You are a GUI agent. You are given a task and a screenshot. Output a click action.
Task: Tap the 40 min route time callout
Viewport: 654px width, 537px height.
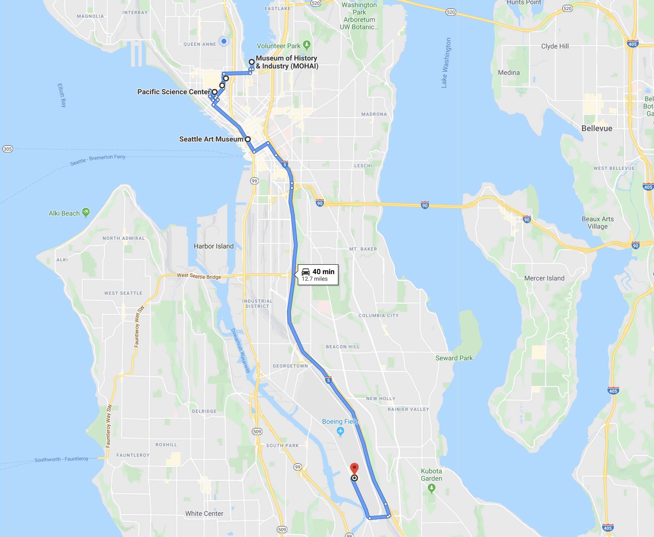318,275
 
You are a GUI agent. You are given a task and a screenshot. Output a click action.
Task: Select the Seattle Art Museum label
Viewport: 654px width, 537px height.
211,139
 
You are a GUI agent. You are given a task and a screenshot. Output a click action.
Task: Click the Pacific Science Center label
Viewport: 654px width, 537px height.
174,92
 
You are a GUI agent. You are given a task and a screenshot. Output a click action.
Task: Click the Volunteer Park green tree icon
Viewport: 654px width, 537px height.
306,45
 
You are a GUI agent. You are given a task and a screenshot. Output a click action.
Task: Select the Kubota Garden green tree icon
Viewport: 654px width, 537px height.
431,488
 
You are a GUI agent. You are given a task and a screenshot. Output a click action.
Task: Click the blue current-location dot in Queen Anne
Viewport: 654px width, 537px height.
224,41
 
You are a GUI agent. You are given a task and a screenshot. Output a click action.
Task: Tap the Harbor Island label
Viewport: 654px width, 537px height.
214,246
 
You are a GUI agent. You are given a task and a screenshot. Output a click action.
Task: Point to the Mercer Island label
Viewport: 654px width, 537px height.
544,278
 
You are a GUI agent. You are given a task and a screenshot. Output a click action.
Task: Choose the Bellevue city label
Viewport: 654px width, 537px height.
597,128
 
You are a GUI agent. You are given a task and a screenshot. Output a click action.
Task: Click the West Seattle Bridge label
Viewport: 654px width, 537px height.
199,276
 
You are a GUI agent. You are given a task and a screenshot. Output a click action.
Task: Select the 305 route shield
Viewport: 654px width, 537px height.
7,149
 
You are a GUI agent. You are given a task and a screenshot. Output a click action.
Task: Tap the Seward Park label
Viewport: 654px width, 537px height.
454,358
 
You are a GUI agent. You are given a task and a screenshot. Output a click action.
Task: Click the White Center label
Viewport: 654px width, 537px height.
204,513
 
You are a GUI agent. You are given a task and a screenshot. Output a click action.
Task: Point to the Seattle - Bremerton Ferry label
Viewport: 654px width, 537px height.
98,160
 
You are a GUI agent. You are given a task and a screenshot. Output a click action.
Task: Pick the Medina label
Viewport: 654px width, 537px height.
509,73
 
